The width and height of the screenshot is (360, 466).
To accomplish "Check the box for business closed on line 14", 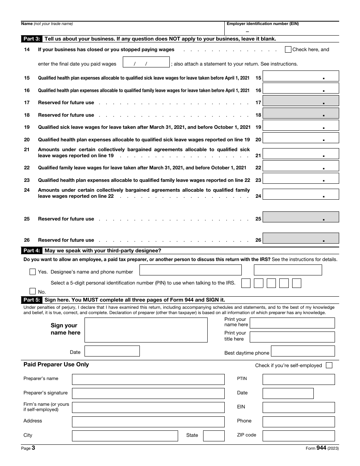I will pos(288,49).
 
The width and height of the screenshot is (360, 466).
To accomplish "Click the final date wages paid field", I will pos(146,63).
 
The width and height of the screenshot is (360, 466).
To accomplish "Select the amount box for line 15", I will pos(301,76).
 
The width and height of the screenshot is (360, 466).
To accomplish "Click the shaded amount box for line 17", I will pos(301,101).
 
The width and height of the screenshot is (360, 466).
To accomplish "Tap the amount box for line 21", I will pos(301,154).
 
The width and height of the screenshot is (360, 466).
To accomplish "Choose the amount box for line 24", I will pos(301,194).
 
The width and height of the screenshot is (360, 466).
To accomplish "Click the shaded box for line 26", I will pos(301,238).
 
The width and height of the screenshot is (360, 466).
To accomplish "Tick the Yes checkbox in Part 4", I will pos(33,272).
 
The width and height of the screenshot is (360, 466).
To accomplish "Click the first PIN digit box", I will pos(246,283).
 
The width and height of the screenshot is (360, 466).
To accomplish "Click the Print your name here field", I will pos(292,323).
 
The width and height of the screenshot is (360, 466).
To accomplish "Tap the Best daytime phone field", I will pos(303,351).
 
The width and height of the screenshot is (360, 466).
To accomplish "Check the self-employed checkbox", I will pos(329,365).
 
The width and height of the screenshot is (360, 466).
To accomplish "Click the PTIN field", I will pos(299,380).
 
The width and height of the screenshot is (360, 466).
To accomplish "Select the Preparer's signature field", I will pos(148,393).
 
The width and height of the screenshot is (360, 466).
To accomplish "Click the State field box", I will pos(214,436).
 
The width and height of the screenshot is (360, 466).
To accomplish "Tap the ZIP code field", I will pos(299,436).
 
